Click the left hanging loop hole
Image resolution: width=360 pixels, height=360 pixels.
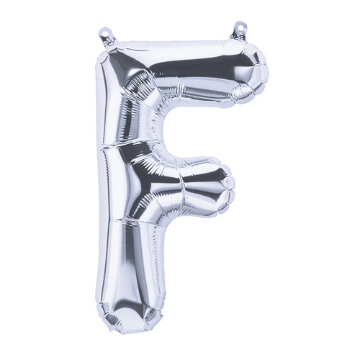[x=104, y=32]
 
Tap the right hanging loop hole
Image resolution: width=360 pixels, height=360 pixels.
[x=239, y=26]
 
